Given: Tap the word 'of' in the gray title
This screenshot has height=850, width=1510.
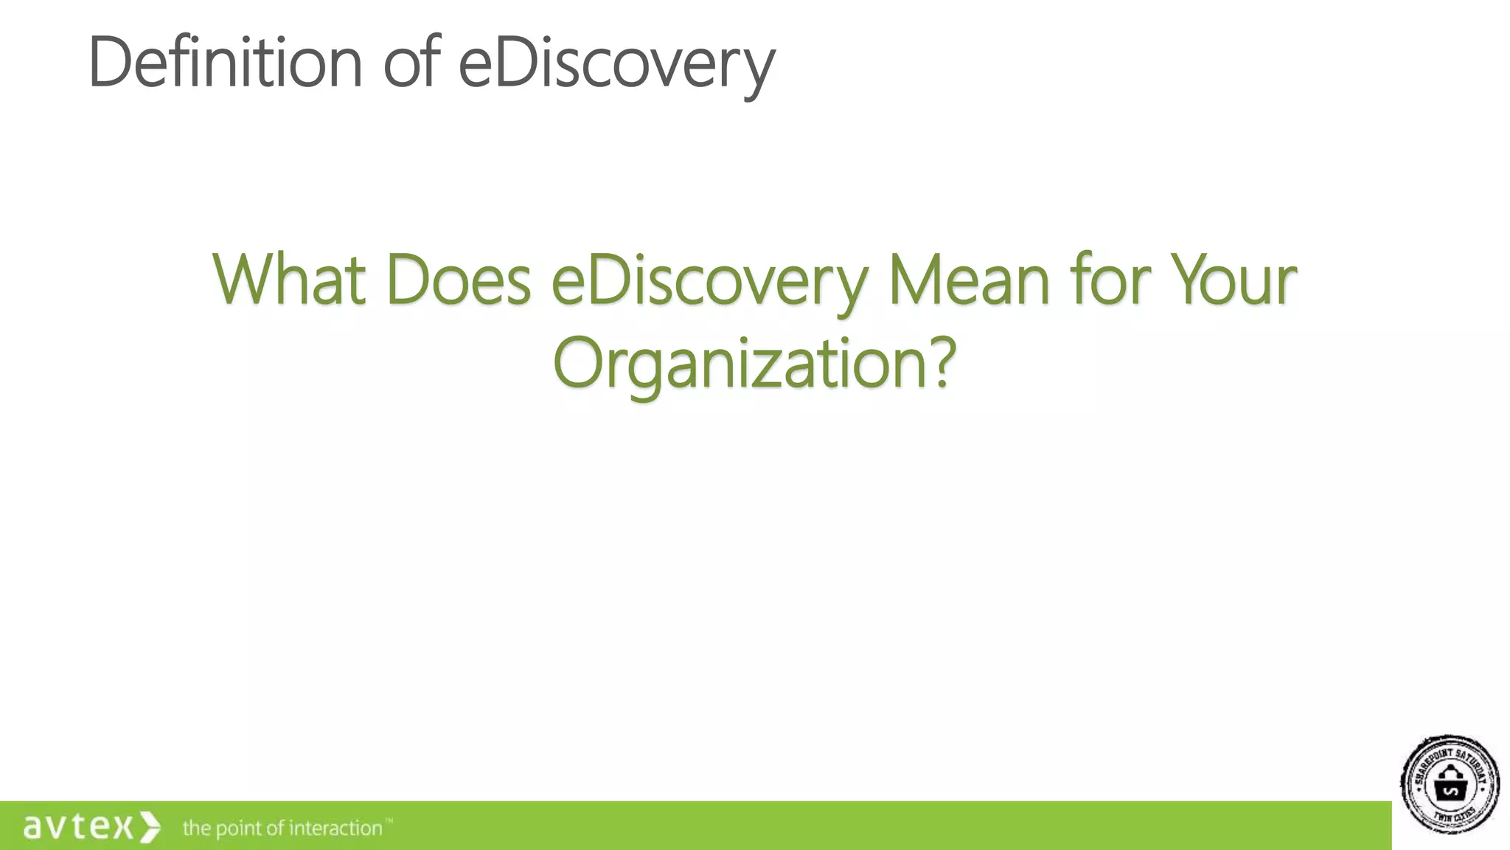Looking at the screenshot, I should (411, 63).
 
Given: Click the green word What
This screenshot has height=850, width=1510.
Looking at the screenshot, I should (288, 280).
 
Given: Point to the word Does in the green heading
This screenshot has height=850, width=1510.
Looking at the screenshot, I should (458, 280).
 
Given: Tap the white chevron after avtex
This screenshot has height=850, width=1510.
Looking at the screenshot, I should (149, 826).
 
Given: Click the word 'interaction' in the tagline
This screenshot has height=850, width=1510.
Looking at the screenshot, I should (335, 828).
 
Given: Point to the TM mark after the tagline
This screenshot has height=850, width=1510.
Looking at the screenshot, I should (389, 820).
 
